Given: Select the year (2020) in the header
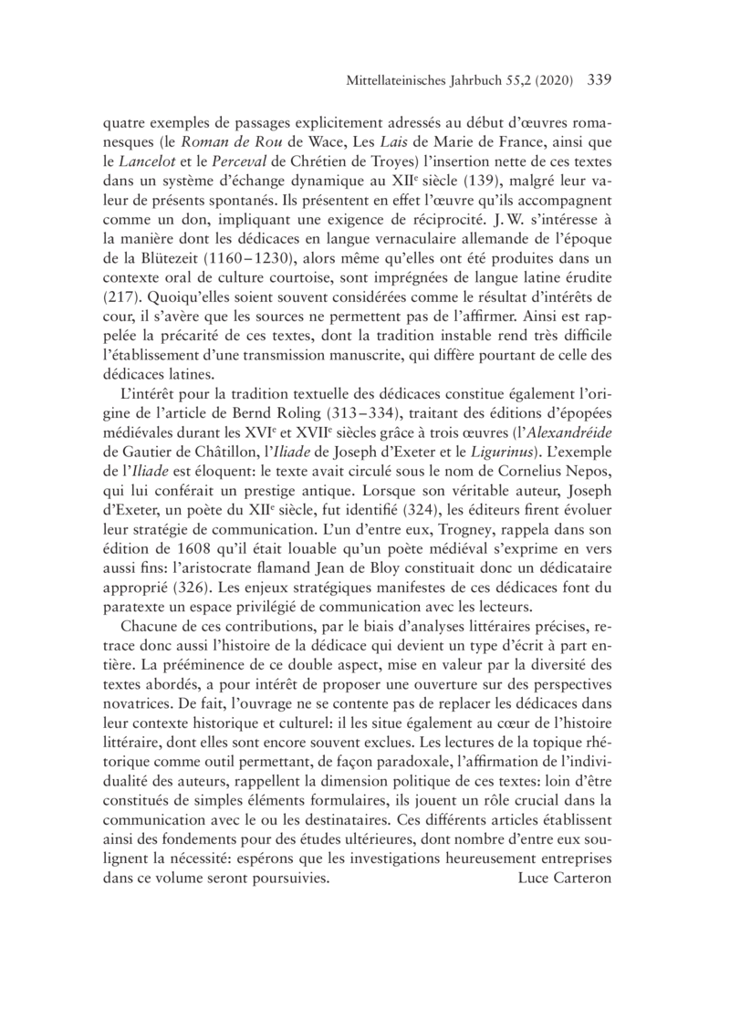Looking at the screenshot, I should [x=548, y=80].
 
